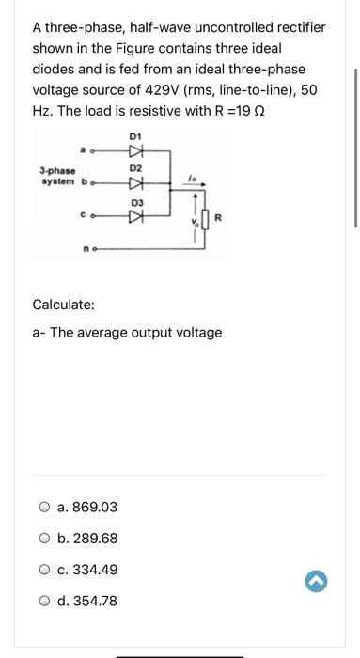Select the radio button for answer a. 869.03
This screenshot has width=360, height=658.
(44, 508)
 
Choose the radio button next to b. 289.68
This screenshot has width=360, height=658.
(44, 539)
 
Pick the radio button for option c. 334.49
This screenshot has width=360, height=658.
(44, 570)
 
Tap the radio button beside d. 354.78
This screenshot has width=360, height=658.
(44, 601)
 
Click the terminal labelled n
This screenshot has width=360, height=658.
(86, 251)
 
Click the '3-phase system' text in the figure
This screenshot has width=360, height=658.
(59, 176)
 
